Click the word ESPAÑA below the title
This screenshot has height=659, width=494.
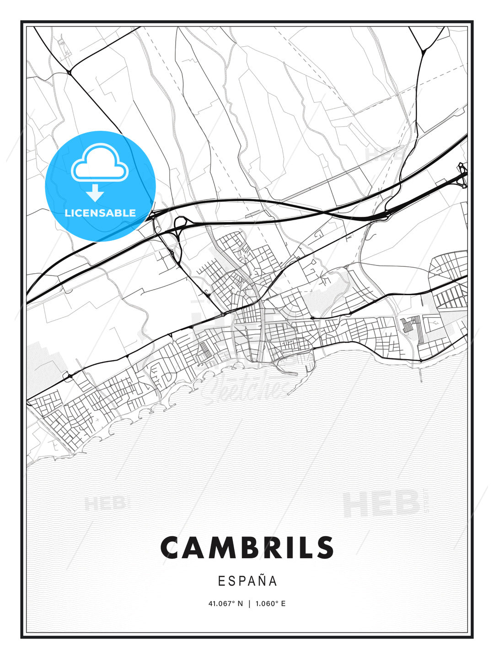(x=247, y=581)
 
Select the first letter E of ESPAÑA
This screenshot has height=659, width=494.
(x=221, y=581)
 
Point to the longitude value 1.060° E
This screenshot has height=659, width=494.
(x=270, y=604)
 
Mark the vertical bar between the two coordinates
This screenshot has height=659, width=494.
(x=249, y=604)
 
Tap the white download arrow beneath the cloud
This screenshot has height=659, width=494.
(x=95, y=193)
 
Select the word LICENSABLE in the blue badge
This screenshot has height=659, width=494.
(x=100, y=213)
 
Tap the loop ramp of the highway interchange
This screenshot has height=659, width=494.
(x=180, y=224)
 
